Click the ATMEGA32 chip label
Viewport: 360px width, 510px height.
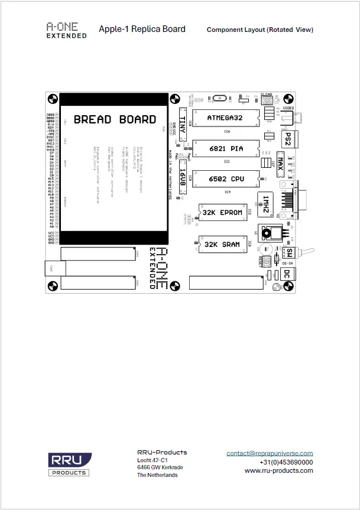pyautogui.click(x=225, y=118)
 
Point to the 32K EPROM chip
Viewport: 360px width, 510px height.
pyautogui.click(x=222, y=213)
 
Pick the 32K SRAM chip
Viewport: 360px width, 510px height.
pyautogui.click(x=222, y=244)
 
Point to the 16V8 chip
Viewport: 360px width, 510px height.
pyautogui.click(x=183, y=179)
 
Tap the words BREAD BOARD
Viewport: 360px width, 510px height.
pyautogui.click(x=115, y=119)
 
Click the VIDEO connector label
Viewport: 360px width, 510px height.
pyautogui.click(x=288, y=109)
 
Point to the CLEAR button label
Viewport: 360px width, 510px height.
pyautogui.click(x=266, y=94)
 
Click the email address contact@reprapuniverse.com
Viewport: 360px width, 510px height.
pyautogui.click(x=270, y=453)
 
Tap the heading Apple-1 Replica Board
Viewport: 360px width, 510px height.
pyautogui.click(x=142, y=29)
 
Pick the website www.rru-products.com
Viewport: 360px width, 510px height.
pyautogui.click(x=278, y=470)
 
